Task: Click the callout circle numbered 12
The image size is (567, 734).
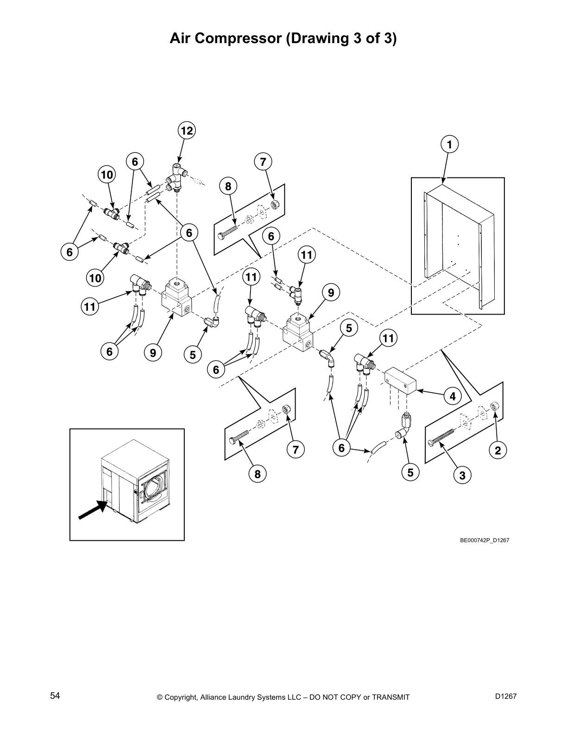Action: [186, 131]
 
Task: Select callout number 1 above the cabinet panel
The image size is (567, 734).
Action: [449, 144]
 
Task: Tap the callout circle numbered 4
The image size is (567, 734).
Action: [453, 396]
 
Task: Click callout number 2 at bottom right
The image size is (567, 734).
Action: [498, 450]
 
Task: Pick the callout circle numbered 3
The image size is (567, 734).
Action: [462, 475]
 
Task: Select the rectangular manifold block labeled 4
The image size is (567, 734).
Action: [401, 380]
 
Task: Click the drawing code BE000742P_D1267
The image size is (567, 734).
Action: [485, 540]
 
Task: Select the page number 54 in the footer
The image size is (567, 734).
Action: [55, 696]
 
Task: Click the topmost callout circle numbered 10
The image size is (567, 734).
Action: [107, 175]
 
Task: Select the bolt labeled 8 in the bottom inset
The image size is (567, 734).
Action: [239, 437]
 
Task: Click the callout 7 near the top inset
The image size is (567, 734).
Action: [263, 162]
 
